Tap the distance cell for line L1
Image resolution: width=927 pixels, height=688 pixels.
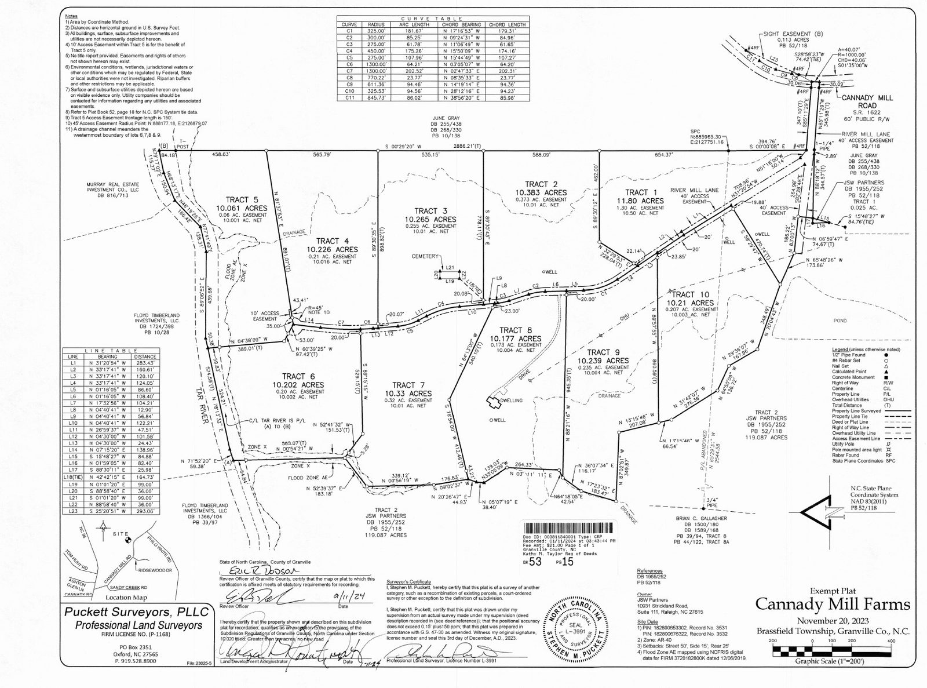click(x=145, y=363)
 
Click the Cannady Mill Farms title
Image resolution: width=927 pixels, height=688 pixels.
click(x=833, y=605)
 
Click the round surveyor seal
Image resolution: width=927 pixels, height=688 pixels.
click(x=574, y=628)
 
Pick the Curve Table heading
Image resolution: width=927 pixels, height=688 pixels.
click(x=432, y=19)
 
